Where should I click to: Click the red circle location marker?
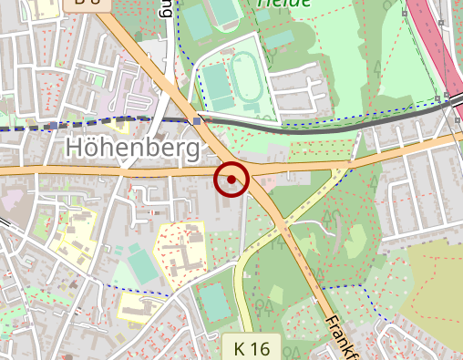pyautogui.click(x=231, y=179)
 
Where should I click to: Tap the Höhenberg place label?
pyautogui.click(x=133, y=148)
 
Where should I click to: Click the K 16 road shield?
pyautogui.click(x=252, y=348)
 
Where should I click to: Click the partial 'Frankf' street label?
pyautogui.click(x=341, y=335)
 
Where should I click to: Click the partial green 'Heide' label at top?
pyautogui.click(x=283, y=4)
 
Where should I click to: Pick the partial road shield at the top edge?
pyautogui.click(x=88, y=4)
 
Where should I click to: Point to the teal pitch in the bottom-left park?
pyautogui.click(x=140, y=265)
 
